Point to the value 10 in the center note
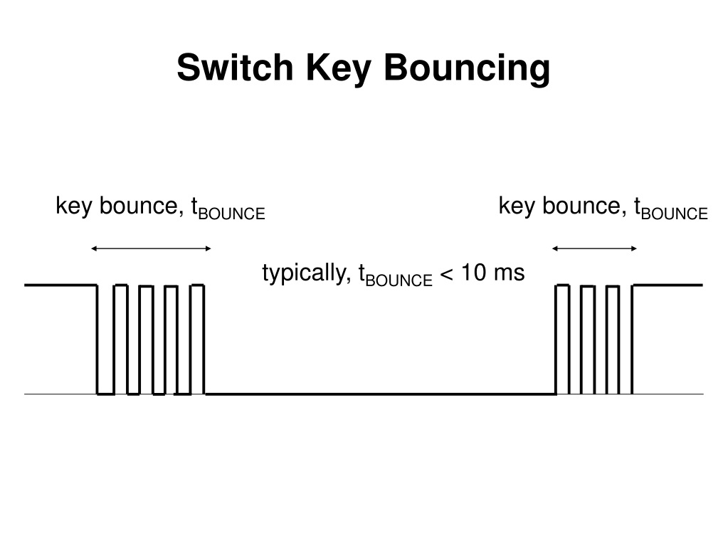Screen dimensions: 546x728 click(474, 273)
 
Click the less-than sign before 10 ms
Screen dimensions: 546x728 click(447, 274)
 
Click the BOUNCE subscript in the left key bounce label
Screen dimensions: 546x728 click(232, 214)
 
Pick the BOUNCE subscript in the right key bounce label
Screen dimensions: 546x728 click(675, 214)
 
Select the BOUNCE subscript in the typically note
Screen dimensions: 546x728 click(399, 280)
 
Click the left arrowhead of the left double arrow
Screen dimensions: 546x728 click(95, 248)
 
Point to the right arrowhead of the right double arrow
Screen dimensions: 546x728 click(634, 248)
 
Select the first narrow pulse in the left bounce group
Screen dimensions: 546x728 click(120, 338)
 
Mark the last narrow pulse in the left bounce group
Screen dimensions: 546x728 click(197, 338)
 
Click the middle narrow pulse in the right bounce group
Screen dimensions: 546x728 click(587, 338)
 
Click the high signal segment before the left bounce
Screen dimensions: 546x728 click(60, 285)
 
